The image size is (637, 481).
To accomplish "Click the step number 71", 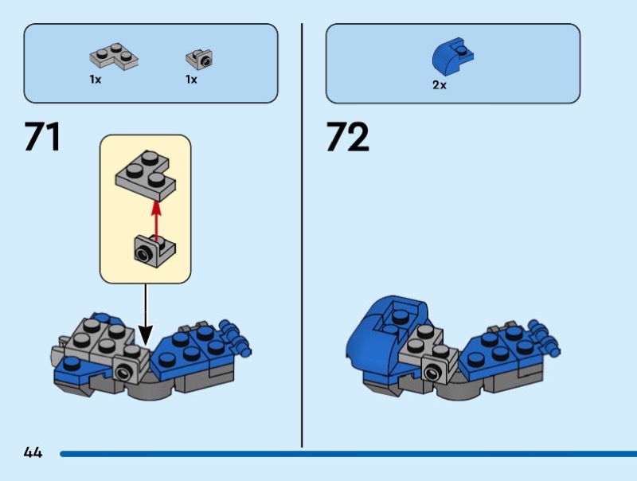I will pos(43,136).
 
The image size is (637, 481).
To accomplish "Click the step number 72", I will pos(347,136).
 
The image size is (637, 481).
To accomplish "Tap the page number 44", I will pos(33,453).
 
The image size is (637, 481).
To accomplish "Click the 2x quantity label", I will pos(440,85).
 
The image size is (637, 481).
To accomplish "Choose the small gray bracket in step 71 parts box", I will pos(199,58).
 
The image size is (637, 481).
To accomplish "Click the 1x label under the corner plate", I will pos(96,80).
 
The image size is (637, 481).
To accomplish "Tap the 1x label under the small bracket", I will pos(191,80).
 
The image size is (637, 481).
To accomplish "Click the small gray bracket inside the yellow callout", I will pos(153,251).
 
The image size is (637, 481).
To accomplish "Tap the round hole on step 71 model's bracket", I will pos(125,370).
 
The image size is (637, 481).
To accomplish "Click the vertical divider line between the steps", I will pos(302,239).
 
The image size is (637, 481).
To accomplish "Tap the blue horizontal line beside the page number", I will pos(342,454).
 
